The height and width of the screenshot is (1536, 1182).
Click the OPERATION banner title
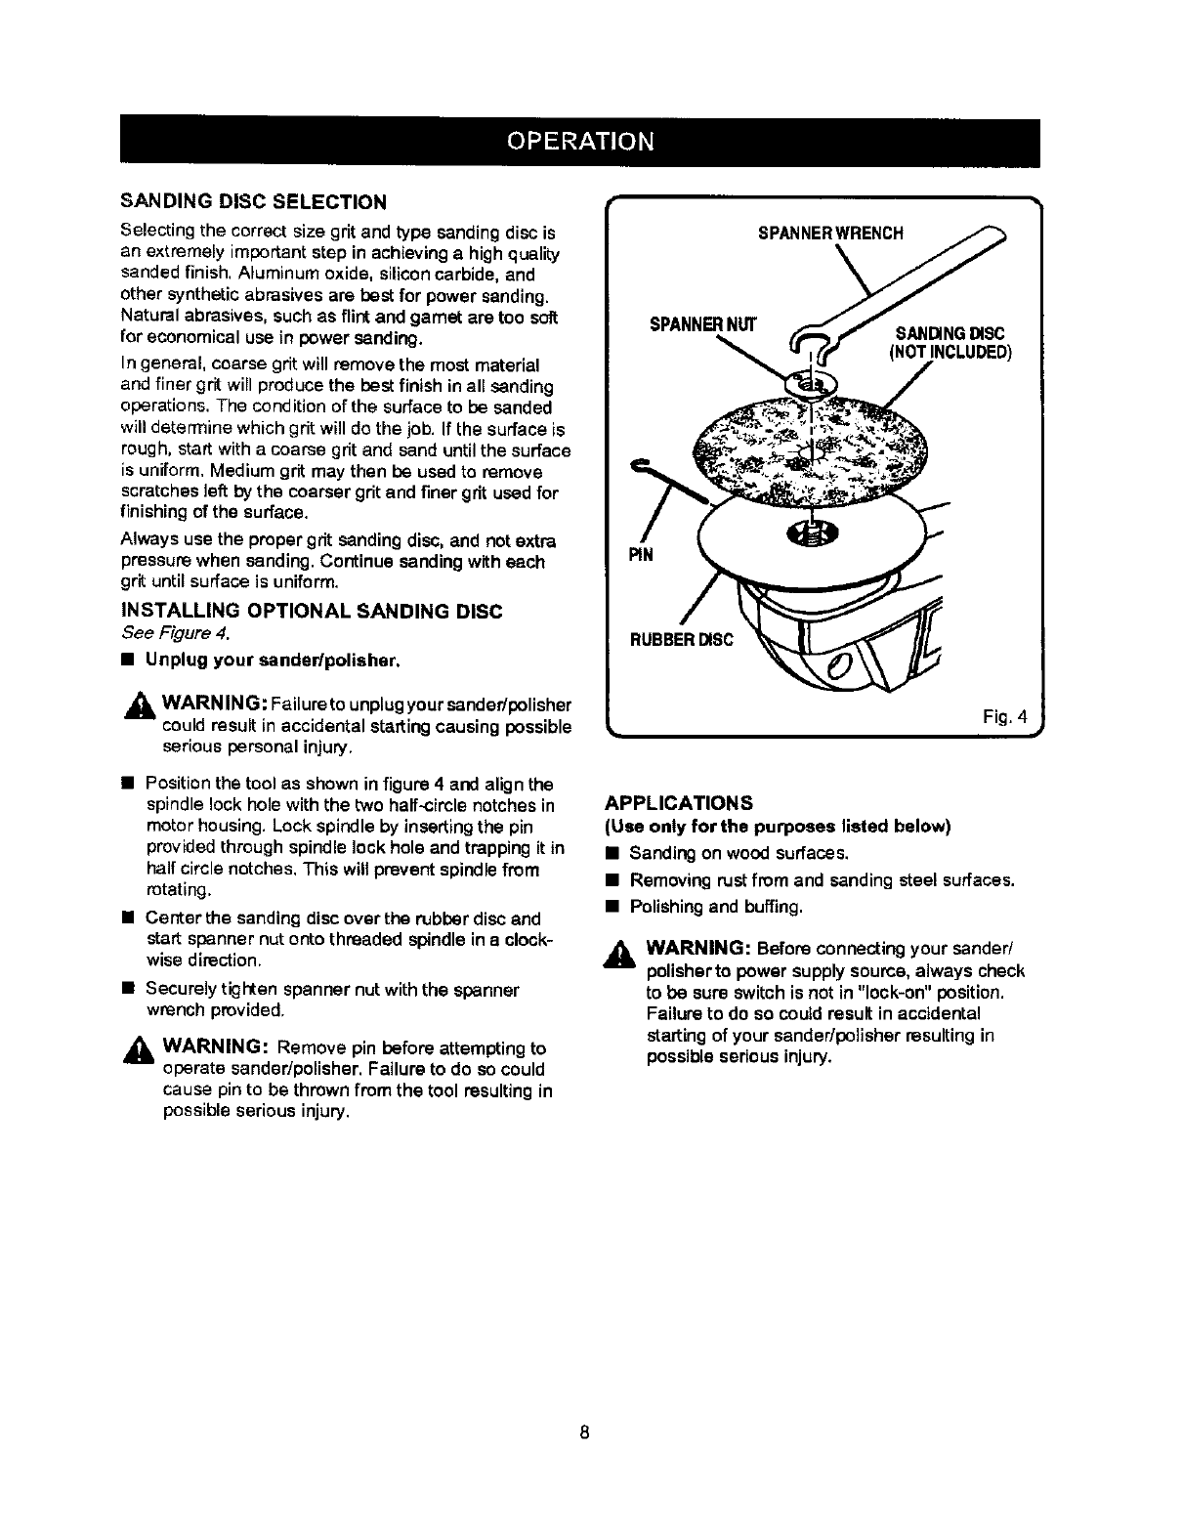579,141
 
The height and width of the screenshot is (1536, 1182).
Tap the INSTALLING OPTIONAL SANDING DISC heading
311,612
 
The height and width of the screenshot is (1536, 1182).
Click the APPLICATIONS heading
680,803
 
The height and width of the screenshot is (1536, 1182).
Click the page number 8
583,1433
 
